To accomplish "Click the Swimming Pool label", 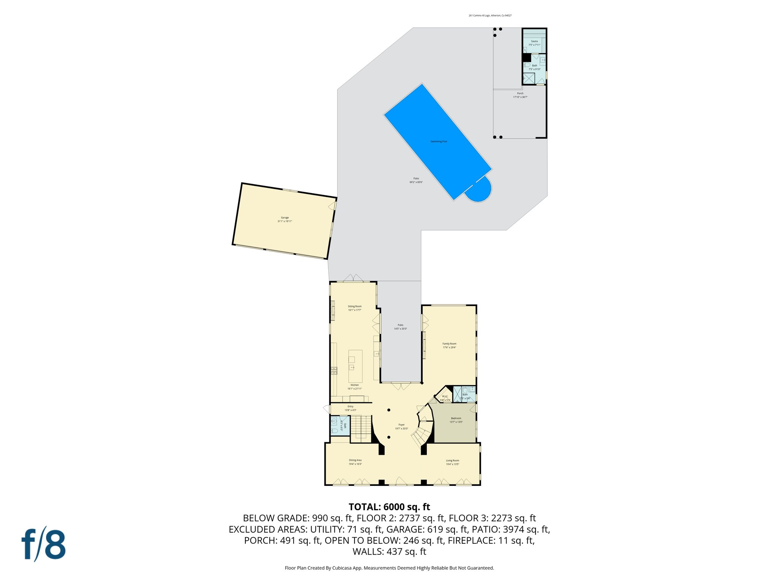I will [439, 141].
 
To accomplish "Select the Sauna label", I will [534, 41].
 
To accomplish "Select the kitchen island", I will [355, 366].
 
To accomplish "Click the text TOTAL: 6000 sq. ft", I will [389, 507].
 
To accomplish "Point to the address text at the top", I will [490, 16].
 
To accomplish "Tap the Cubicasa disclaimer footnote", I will [389, 568].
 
